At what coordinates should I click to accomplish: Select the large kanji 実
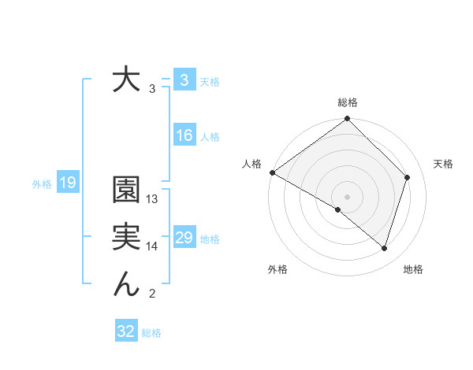point(126,238)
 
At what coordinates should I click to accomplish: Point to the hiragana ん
point(126,284)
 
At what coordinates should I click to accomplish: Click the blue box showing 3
point(184,80)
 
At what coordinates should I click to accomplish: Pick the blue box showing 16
point(184,135)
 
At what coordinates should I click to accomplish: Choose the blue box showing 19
point(67,183)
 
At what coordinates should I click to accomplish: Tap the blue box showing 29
point(184,238)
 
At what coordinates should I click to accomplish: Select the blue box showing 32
point(125,331)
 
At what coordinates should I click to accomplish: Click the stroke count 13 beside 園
point(152,199)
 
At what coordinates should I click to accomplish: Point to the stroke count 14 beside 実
point(152,246)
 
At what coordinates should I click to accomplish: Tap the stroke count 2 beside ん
point(152,294)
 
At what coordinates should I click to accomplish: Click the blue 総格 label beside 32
point(151,333)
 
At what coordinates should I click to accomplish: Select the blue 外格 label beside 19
point(42,184)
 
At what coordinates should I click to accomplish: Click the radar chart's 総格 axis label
point(348,102)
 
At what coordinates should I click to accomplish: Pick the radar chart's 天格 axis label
point(443,164)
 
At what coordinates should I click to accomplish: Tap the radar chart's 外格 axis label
point(277,270)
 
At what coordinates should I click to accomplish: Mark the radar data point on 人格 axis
point(272,172)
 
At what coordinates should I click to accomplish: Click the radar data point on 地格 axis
point(384,248)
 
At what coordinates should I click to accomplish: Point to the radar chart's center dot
point(348,196)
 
